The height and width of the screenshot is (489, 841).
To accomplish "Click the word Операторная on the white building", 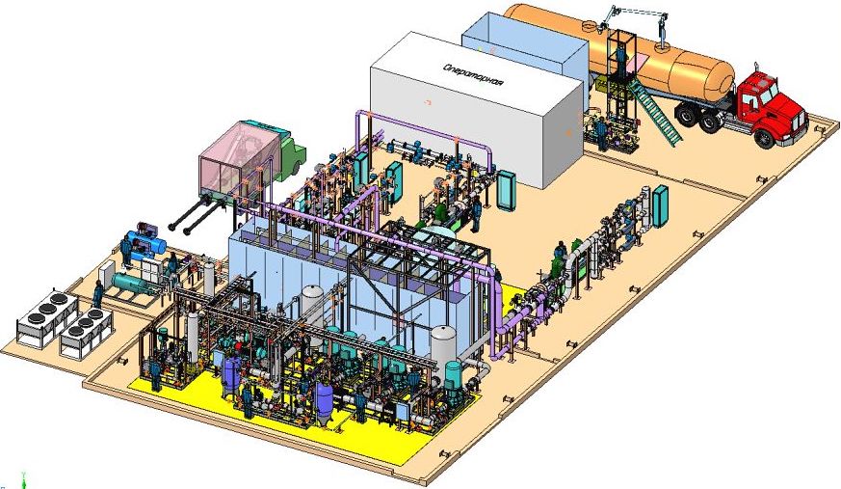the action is click(474, 75).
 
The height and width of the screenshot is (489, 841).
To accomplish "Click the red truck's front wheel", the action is click(764, 137).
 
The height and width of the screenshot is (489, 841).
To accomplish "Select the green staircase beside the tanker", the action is click(658, 112).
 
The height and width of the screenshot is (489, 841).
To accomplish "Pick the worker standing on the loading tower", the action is click(621, 60).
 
